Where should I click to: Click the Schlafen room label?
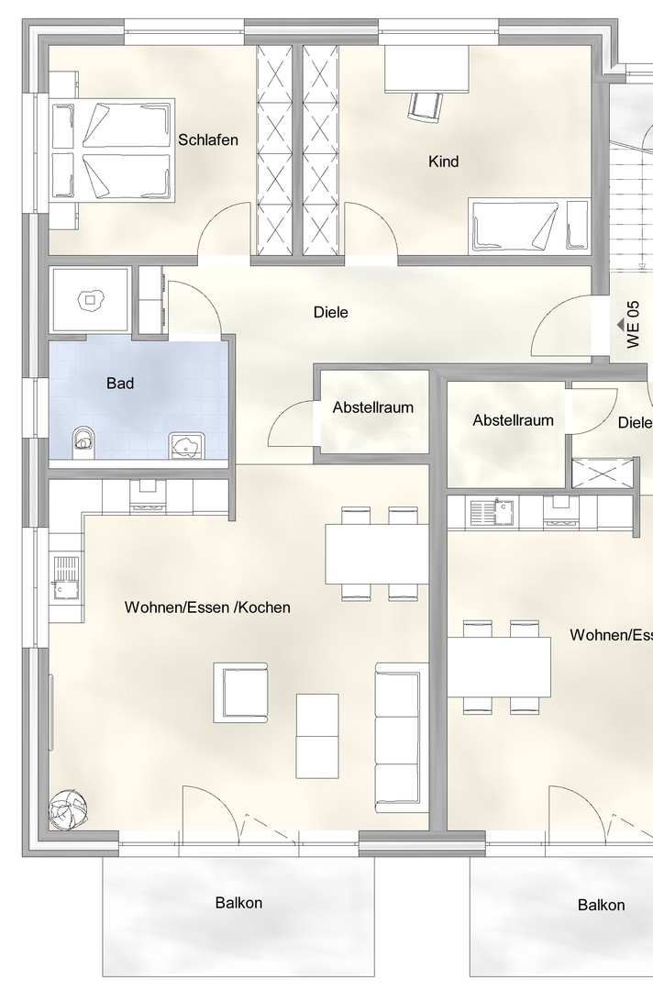click(x=208, y=139)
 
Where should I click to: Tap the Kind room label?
click(x=443, y=161)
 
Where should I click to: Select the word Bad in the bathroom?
click(x=120, y=383)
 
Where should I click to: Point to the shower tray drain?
click(x=90, y=299)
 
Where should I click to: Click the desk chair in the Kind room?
click(x=424, y=106)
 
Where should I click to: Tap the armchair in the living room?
click(x=240, y=692)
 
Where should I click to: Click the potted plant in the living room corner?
click(x=68, y=809)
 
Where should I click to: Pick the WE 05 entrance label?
click(x=634, y=324)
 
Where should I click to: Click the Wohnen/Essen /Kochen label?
click(x=207, y=607)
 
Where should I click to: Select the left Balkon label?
click(x=238, y=903)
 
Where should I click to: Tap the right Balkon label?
click(x=602, y=905)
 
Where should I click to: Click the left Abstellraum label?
click(x=373, y=407)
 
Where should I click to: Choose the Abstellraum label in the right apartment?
click(x=513, y=420)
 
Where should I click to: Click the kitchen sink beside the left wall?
click(x=66, y=576)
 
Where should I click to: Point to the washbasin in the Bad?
click(x=185, y=446)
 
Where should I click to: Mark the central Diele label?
click(x=331, y=312)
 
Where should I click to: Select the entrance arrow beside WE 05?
click(x=621, y=324)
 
